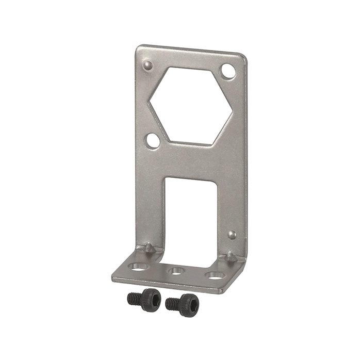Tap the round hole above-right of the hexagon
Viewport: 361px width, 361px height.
point(227,69)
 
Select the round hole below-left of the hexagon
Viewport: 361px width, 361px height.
point(153,139)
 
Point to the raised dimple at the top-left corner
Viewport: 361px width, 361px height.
point(147,65)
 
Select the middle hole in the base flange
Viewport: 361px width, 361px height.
point(176,271)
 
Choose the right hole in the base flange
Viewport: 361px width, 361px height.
point(212,275)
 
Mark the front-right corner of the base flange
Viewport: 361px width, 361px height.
point(223,290)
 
